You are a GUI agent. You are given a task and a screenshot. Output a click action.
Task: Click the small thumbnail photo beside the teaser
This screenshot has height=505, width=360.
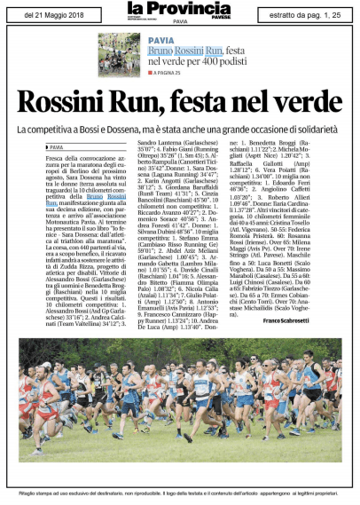[x=120, y=55]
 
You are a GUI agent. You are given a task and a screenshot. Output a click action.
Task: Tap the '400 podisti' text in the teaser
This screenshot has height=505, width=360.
[x=228, y=61]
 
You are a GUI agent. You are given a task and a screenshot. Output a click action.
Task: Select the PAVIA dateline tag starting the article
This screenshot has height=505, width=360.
[x=57, y=147]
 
